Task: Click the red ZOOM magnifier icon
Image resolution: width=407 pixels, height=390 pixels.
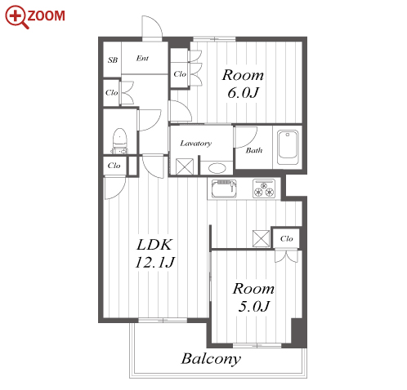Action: pyautogui.click(x=17, y=17)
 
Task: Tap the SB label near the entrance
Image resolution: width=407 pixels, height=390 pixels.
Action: pyautogui.click(x=113, y=60)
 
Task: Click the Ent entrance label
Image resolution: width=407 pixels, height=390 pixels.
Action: pyautogui.click(x=142, y=58)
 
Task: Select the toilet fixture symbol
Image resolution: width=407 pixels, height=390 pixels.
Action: pyautogui.click(x=120, y=141)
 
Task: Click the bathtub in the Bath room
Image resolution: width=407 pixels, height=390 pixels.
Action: pyautogui.click(x=288, y=147)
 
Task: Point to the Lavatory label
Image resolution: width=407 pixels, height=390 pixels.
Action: pyautogui.click(x=196, y=143)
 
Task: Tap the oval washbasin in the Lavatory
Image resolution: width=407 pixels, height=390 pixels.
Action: pyautogui.click(x=217, y=168)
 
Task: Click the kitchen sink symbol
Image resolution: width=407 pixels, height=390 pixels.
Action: pyautogui.click(x=224, y=189)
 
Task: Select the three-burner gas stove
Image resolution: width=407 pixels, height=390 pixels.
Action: pyautogui.click(x=264, y=188)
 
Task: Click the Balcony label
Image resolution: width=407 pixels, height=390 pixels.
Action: pyautogui.click(x=211, y=359)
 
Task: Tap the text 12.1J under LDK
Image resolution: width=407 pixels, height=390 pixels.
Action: pyautogui.click(x=155, y=263)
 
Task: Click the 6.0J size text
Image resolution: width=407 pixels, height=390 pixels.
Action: pyautogui.click(x=243, y=93)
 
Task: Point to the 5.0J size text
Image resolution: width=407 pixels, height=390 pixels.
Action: pyautogui.click(x=253, y=307)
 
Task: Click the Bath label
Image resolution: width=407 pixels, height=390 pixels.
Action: pyautogui.click(x=254, y=150)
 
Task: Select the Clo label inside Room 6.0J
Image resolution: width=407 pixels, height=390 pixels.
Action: pyautogui.click(x=180, y=74)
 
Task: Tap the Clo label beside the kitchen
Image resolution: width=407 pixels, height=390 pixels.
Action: pyautogui.click(x=287, y=239)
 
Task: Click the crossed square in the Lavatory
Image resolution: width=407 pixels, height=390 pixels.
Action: pyautogui.click(x=185, y=166)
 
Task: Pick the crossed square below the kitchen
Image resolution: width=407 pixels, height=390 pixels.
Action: pyautogui.click(x=261, y=238)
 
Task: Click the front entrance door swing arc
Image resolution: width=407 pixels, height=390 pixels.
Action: pyautogui.click(x=155, y=24)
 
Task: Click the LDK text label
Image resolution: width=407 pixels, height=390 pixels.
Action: pyautogui.click(x=154, y=245)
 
